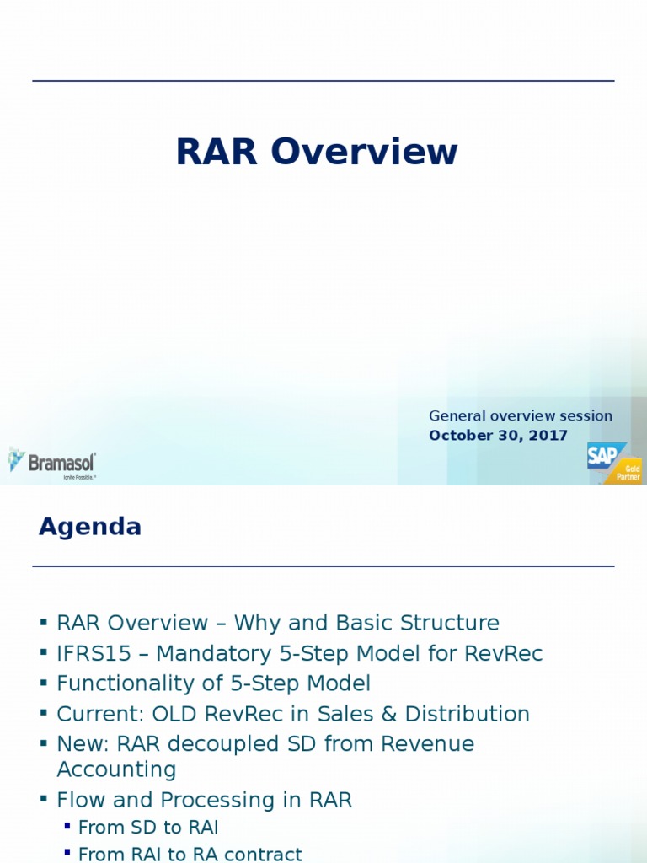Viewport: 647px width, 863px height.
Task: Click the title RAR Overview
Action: point(316,153)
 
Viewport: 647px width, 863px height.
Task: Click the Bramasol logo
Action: point(52,463)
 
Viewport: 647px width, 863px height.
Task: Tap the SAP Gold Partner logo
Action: point(613,462)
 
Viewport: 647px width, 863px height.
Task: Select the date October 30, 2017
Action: point(498,436)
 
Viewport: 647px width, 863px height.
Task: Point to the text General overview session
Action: point(521,415)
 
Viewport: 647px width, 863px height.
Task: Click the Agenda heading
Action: point(90,527)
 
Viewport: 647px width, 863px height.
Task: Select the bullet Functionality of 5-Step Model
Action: point(213,683)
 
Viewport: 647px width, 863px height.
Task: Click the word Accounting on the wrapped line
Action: point(116,769)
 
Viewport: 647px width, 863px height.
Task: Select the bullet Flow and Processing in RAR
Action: point(204,800)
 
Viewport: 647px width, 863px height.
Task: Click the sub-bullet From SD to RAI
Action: point(148,828)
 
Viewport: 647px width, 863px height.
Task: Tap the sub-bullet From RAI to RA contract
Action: point(190,854)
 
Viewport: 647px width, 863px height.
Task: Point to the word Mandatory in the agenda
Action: point(217,653)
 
